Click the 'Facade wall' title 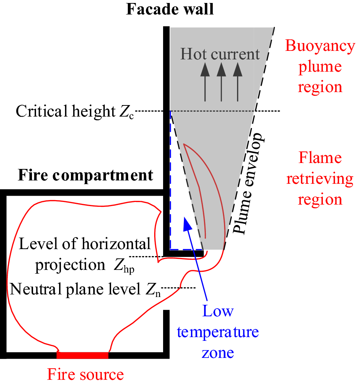point(170,9)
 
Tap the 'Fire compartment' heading point(85,175)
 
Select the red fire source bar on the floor point(82,355)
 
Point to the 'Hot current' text point(220,54)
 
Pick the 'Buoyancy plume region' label point(320,67)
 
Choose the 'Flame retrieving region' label point(320,179)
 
